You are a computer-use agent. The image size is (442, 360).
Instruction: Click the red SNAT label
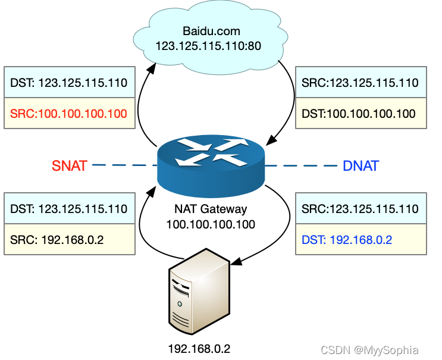click(x=70, y=165)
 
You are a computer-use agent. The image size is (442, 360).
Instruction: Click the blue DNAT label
click(x=361, y=165)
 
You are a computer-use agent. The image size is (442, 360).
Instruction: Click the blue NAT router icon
click(x=212, y=163)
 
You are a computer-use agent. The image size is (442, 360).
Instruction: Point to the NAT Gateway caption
click(x=211, y=209)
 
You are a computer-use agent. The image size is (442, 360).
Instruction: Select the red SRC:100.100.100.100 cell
click(x=69, y=113)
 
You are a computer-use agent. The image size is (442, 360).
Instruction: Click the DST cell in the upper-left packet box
click(x=69, y=83)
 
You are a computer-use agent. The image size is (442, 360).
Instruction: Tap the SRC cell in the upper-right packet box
click(x=361, y=83)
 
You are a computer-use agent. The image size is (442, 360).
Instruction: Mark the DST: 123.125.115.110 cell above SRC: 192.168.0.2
click(x=69, y=209)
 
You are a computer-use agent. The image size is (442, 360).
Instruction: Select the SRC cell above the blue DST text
click(x=361, y=209)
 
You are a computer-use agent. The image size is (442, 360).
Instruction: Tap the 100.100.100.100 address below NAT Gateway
click(x=211, y=224)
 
